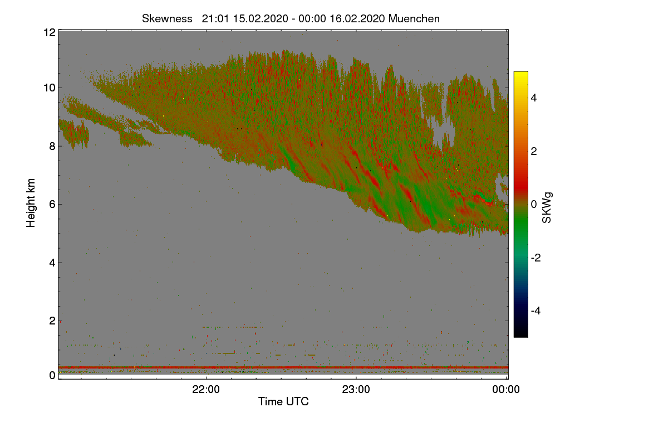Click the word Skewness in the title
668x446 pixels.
click(x=167, y=18)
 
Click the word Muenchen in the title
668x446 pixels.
click(x=414, y=18)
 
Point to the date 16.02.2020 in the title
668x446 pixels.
click(x=357, y=18)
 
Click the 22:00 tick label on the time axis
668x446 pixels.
click(x=206, y=390)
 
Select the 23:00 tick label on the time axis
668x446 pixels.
click(x=356, y=390)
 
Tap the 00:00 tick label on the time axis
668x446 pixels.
click(x=507, y=390)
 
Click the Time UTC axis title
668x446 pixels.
click(x=283, y=401)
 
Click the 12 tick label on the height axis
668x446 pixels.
click(x=48, y=32)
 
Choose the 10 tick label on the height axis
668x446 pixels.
click(x=48, y=88)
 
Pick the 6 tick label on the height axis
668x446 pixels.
click(x=51, y=204)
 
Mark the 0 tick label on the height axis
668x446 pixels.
click(x=51, y=375)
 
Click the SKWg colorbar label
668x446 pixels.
click(x=547, y=208)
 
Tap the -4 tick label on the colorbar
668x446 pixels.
click(x=536, y=311)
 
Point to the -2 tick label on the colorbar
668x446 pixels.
click(x=536, y=258)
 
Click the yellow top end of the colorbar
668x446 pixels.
click(x=520, y=74)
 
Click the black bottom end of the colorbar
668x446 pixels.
click(x=520, y=334)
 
